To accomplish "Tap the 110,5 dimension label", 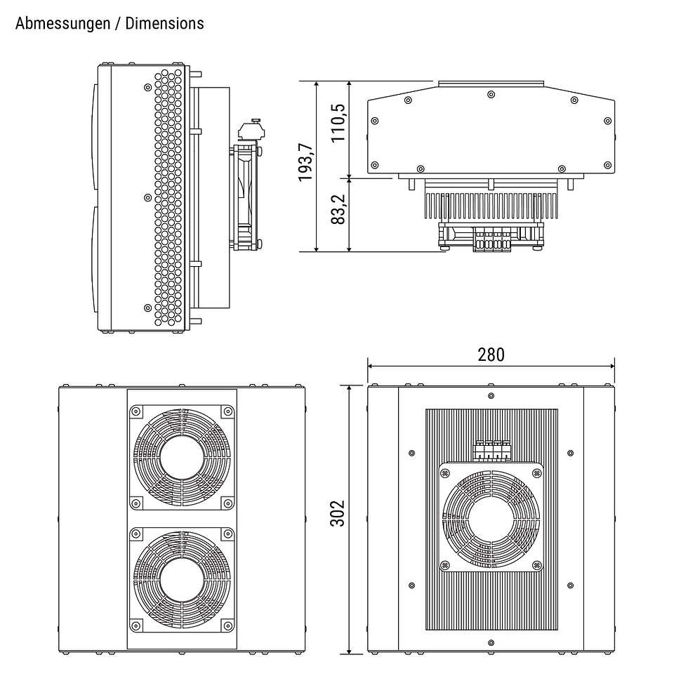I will coord(338,123).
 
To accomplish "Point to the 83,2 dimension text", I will coord(338,209).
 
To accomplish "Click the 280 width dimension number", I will coord(491,355).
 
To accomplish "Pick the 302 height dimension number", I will coord(337,515).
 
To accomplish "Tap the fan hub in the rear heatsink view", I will coord(491,517).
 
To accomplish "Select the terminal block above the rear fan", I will coord(491,450).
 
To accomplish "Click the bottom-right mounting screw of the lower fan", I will coord(227,623).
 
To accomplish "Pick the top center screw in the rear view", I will coord(491,395).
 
